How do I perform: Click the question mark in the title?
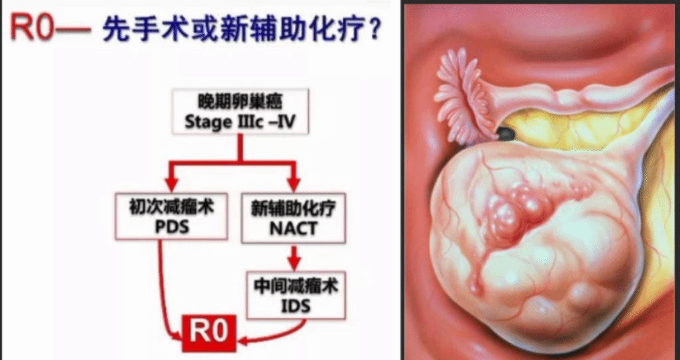pos(375,29)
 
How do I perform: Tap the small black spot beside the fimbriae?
pos(506,135)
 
